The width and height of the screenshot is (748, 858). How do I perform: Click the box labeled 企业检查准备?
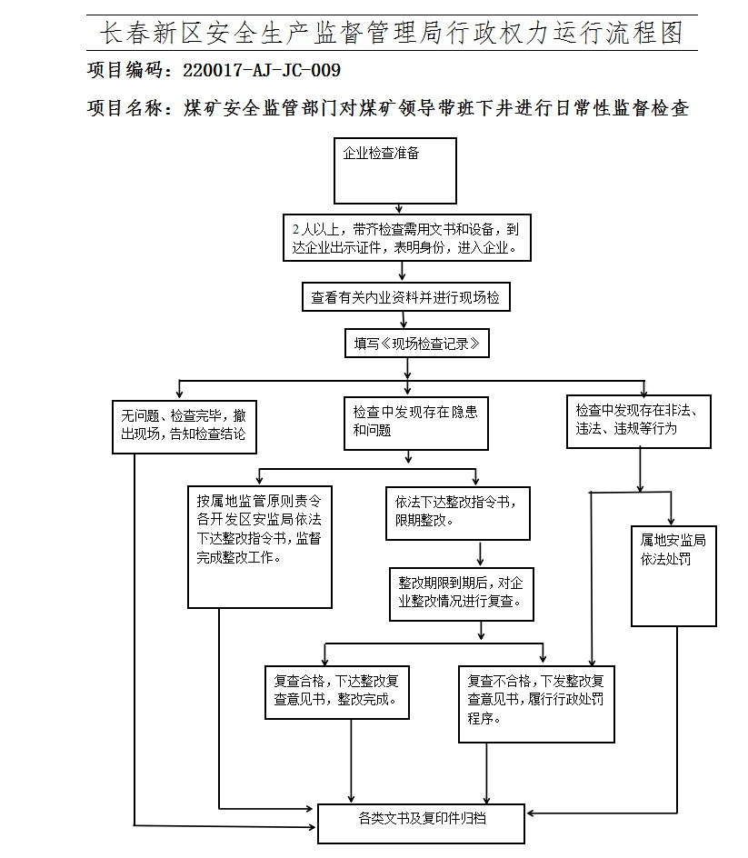click(x=394, y=170)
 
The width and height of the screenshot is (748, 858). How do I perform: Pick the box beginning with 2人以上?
click(x=406, y=238)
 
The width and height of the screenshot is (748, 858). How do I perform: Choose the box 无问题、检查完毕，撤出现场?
click(x=183, y=426)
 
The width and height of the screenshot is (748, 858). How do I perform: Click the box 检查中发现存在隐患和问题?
click(x=415, y=423)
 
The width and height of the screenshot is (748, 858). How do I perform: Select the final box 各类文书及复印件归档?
click(x=421, y=822)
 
